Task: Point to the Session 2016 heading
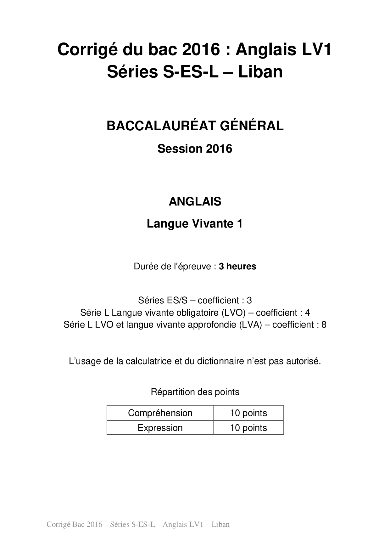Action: point(195,149)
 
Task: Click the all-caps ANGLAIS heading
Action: point(195,201)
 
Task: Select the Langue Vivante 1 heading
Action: point(195,224)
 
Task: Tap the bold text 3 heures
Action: point(237,266)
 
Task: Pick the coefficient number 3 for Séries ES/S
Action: point(249,300)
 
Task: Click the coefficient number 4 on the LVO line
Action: point(307,313)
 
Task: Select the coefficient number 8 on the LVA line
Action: point(324,324)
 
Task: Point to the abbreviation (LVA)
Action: point(250,324)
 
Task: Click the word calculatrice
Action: point(148,361)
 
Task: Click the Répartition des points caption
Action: point(195,392)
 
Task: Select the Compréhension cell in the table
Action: point(160,413)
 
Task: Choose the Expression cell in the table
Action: point(160,428)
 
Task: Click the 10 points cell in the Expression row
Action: point(248,428)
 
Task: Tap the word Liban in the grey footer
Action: point(220,524)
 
